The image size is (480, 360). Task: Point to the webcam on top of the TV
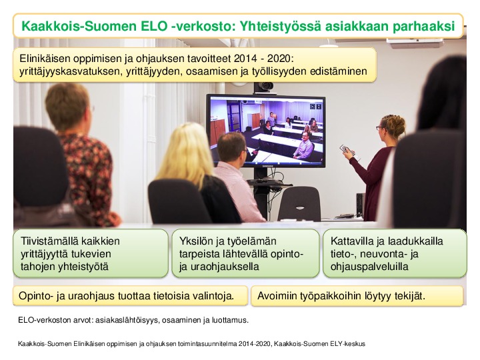point(263,87)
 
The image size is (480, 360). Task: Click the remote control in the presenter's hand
point(349,151)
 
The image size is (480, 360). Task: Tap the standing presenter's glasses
point(379,127)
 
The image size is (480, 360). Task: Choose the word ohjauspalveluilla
point(369,267)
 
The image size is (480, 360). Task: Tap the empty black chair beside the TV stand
point(300,203)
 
